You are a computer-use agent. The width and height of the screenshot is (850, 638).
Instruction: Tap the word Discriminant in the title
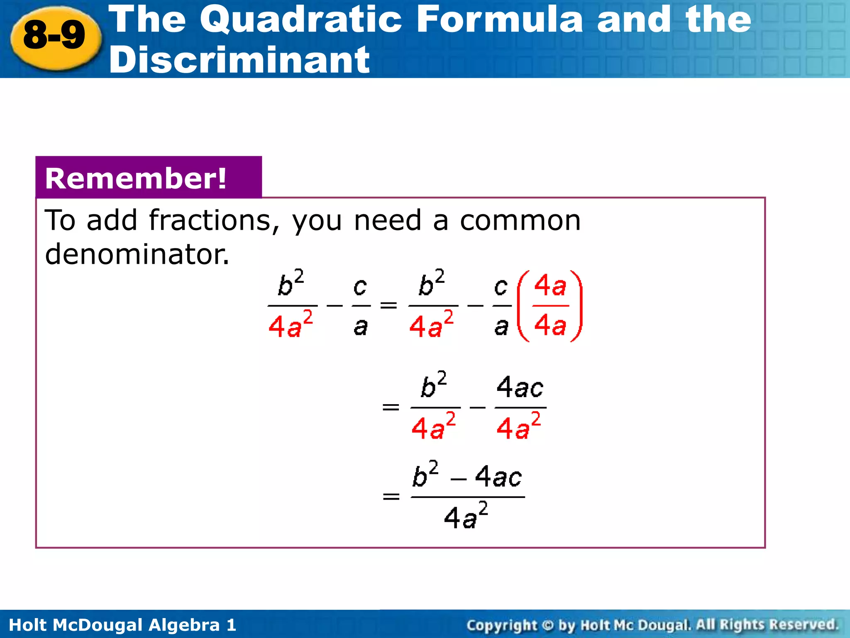(239, 60)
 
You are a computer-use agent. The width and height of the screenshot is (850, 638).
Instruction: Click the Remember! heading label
(136, 179)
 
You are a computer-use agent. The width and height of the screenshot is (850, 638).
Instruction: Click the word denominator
(137, 254)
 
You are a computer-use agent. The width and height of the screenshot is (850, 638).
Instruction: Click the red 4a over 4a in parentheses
(550, 306)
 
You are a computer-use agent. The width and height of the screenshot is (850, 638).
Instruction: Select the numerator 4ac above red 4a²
(520, 387)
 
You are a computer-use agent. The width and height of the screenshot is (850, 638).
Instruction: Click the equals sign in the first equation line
(388, 306)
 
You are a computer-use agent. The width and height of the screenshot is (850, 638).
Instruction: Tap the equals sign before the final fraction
(391, 496)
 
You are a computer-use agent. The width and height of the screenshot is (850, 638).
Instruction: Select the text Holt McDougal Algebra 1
(122, 625)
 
